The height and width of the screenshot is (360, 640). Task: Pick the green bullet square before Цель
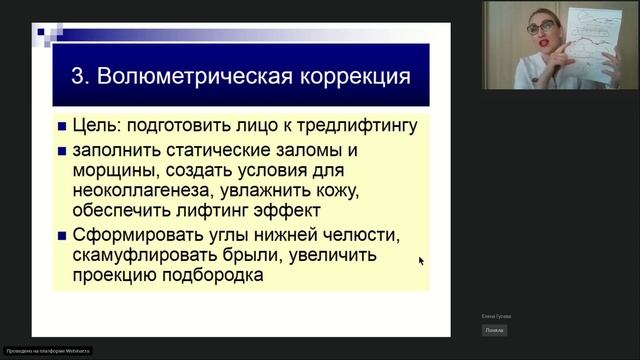pyautogui.click(x=62, y=127)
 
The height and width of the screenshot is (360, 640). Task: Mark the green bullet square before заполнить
pyautogui.click(x=62, y=151)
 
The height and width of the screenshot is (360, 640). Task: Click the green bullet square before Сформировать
pyautogui.click(x=62, y=236)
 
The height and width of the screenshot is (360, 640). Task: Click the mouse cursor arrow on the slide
pyautogui.click(x=421, y=260)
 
